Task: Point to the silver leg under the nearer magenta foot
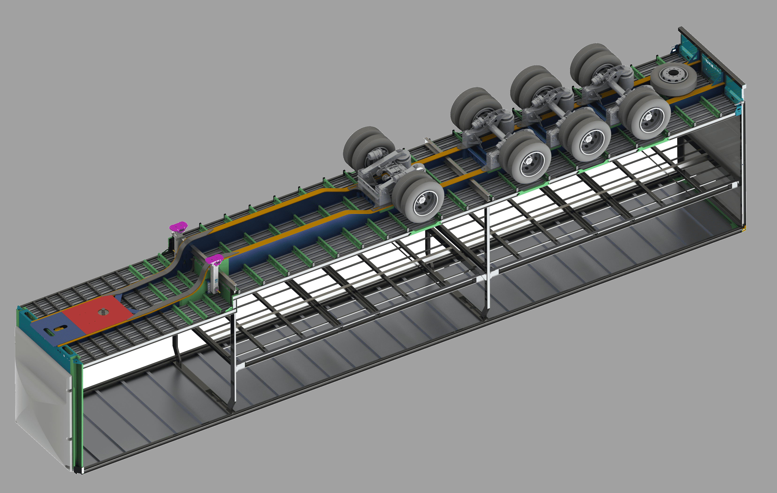214,278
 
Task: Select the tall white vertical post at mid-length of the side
488,258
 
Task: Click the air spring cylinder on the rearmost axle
626,76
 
